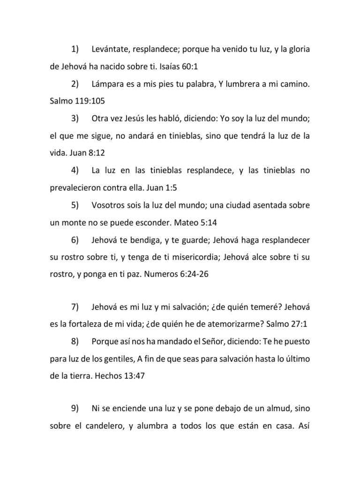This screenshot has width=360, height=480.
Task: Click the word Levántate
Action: tap(111, 49)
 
